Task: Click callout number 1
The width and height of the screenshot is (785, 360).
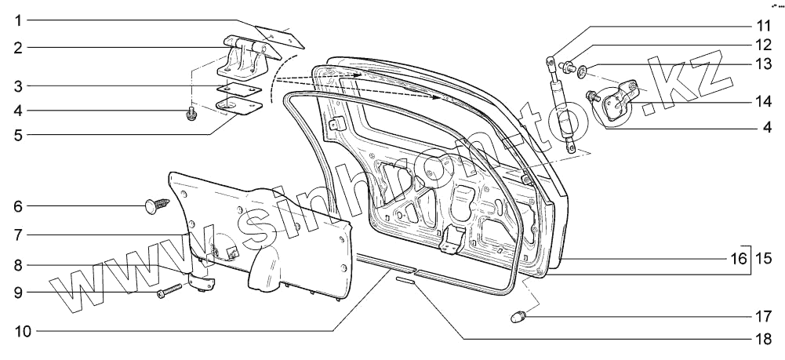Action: pyautogui.click(x=17, y=18)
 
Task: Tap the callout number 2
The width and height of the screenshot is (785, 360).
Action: pyautogui.click(x=17, y=47)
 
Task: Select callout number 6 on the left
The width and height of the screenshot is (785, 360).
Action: pyautogui.click(x=17, y=207)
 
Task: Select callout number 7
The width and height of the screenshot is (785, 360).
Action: pyautogui.click(x=17, y=234)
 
